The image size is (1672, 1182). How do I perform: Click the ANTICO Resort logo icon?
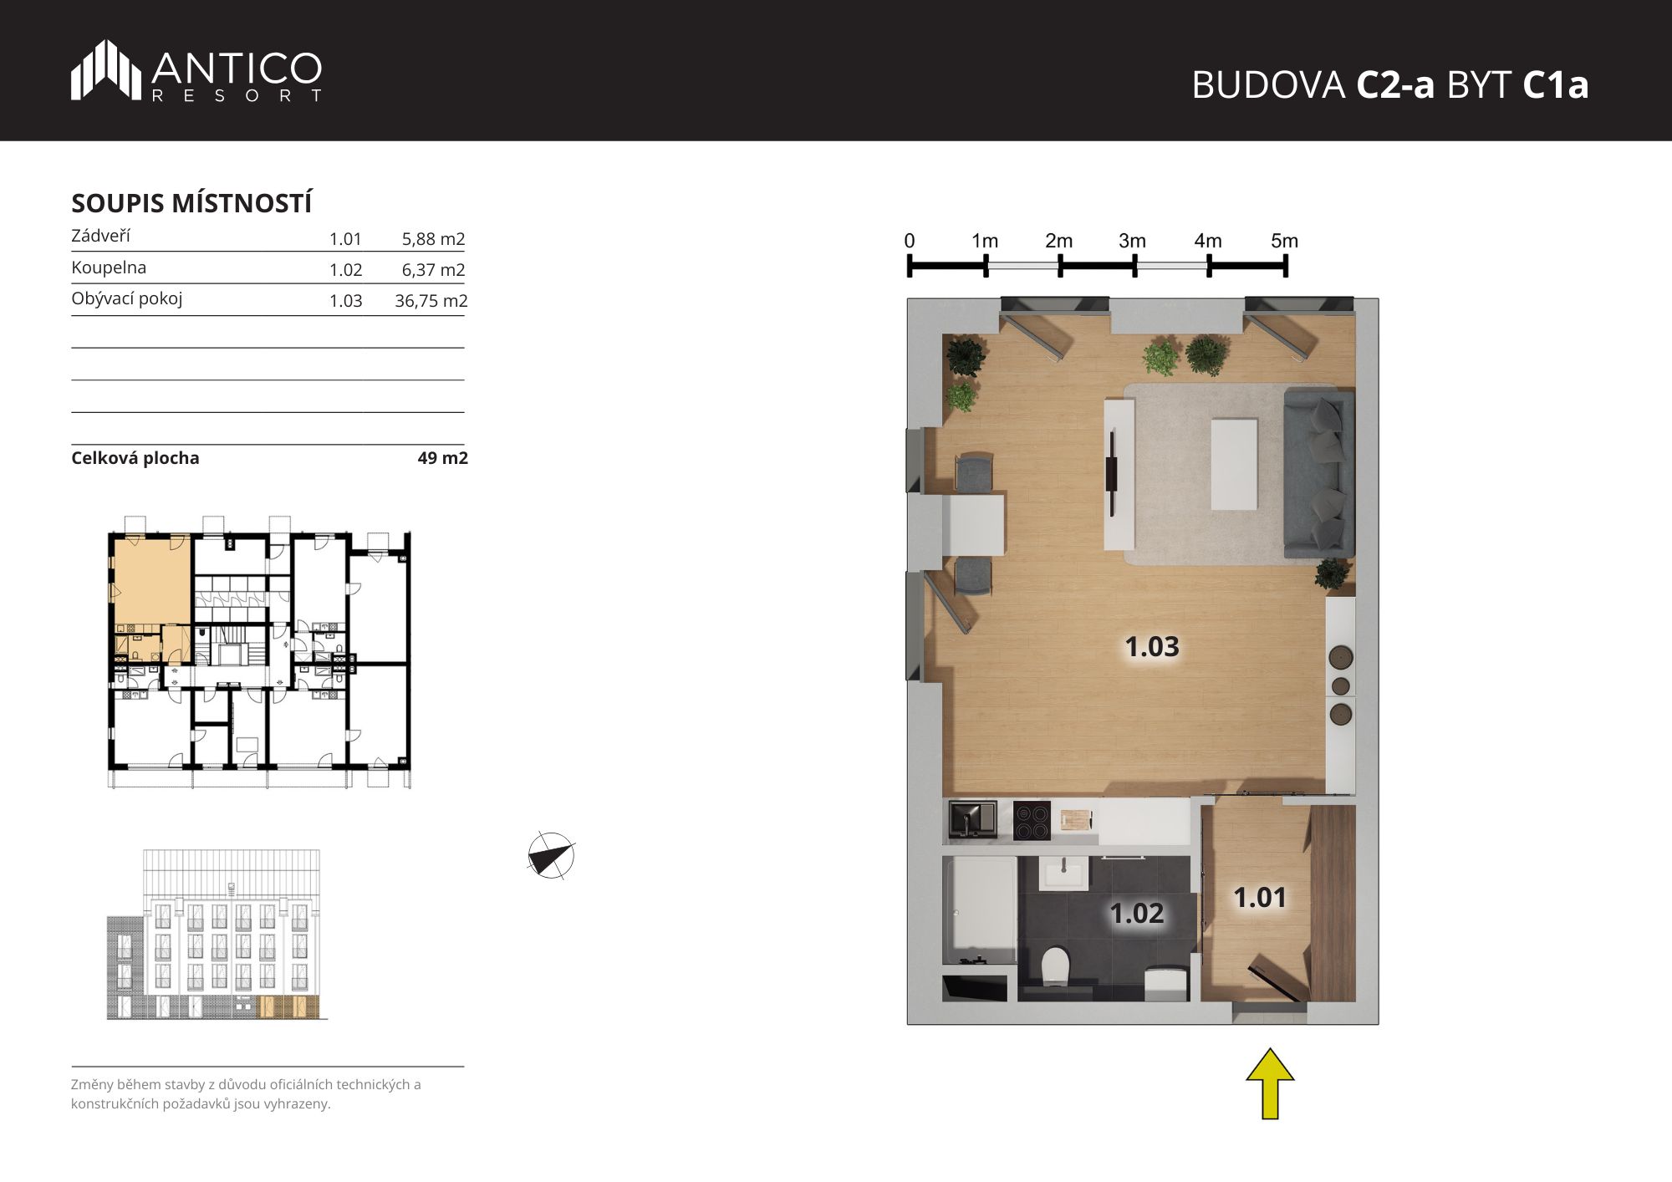point(105,69)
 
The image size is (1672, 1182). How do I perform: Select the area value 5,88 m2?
point(433,239)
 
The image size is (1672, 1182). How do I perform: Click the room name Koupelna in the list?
point(109,267)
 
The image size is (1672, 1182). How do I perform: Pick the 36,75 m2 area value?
point(431,301)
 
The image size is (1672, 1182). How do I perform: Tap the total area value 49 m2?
point(442,458)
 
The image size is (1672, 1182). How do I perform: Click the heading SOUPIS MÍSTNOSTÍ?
point(191,203)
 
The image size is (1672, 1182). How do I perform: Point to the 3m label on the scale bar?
point(1132,241)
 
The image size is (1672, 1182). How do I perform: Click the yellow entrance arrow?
point(1270,1083)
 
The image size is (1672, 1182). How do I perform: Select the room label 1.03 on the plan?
point(1151,646)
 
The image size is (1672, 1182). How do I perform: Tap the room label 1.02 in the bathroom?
point(1136,913)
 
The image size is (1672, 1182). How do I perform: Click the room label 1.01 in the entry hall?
point(1260,897)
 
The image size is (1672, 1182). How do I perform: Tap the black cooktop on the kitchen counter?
point(1032,820)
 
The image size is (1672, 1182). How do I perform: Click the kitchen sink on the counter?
point(972,819)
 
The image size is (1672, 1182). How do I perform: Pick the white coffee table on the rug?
point(1234,463)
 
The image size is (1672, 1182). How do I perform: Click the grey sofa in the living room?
point(1318,471)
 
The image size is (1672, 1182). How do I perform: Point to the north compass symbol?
point(552,856)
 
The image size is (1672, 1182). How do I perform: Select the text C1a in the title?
point(1556,84)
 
